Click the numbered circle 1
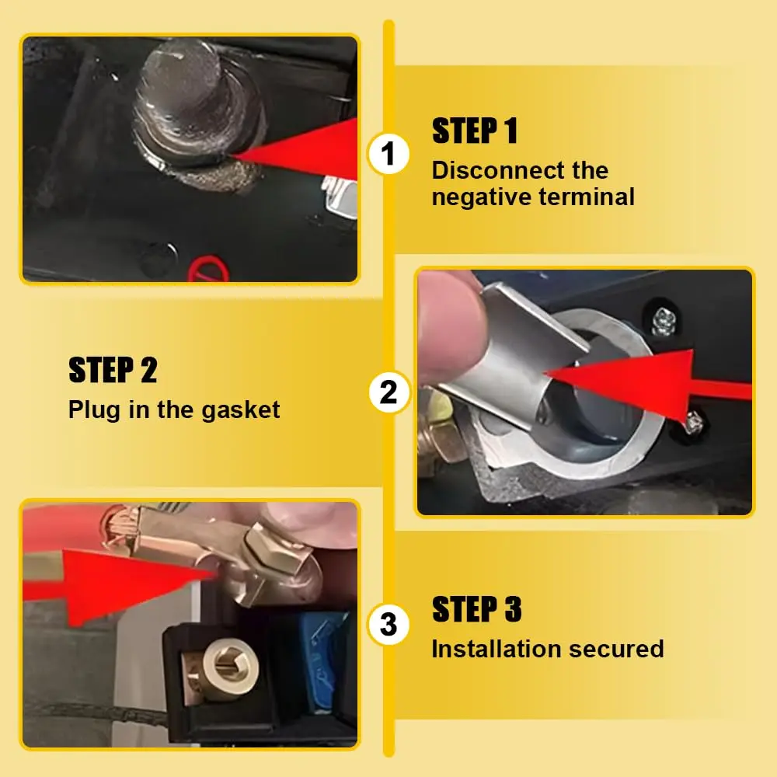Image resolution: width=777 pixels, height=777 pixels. coord(388,154)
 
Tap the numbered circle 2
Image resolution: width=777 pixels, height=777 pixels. coord(389,392)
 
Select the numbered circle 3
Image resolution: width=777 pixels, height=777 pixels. coord(388,624)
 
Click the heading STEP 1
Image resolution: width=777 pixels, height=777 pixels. coord(475,131)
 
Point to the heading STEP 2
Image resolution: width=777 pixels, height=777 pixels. coord(113,370)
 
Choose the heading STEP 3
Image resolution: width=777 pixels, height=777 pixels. coord(477,608)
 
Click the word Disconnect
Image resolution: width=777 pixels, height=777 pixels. coord(498,170)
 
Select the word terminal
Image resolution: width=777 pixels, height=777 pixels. coord(587,197)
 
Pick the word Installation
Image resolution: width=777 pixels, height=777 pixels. coord(496,649)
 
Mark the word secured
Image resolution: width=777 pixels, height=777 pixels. coord(616,649)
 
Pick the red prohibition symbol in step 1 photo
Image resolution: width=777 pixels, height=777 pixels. coord(209,269)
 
